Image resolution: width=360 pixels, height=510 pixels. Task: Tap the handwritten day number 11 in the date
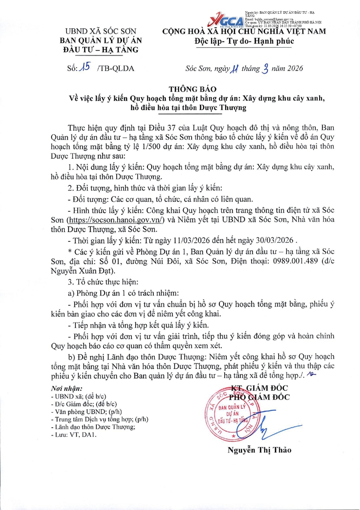pyautogui.click(x=234, y=68)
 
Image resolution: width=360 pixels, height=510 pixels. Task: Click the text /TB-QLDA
pyautogui.click(x=115, y=69)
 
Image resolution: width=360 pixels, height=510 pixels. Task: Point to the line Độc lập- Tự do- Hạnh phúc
pyautogui.click(x=242, y=41)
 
